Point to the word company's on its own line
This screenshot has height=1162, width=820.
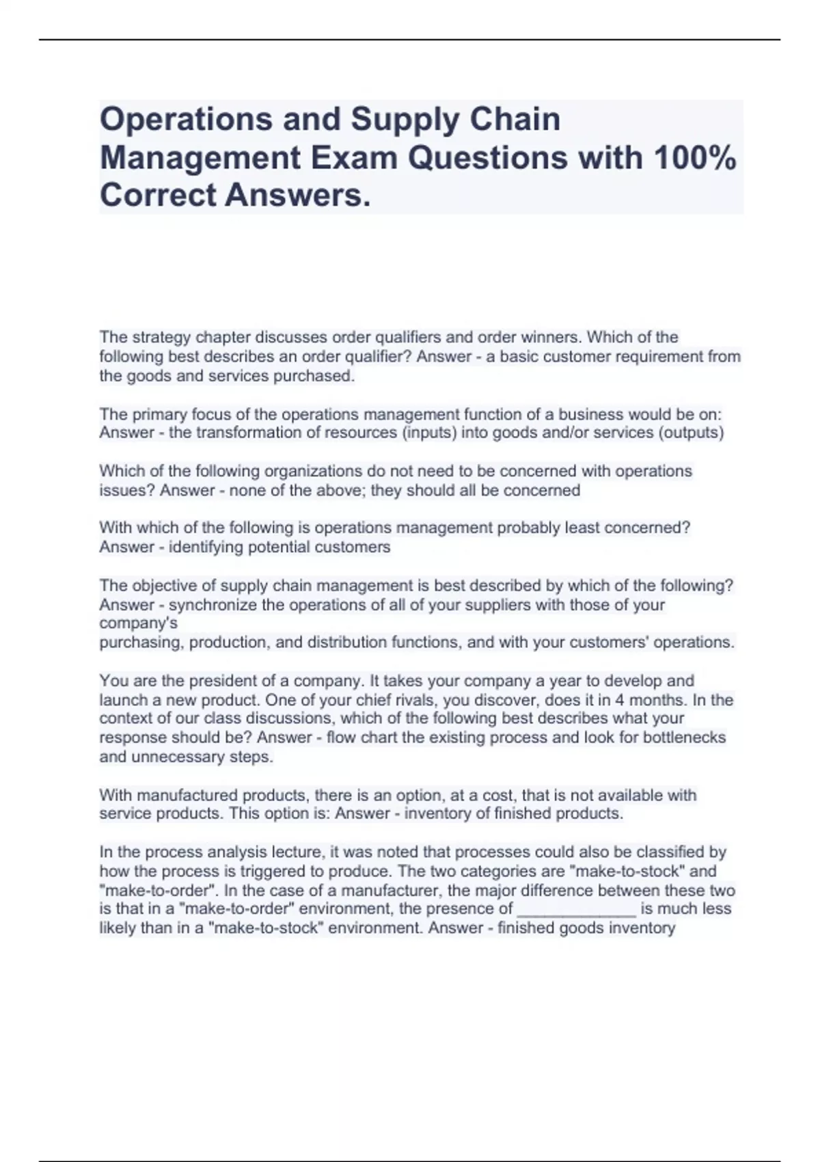point(138,623)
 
